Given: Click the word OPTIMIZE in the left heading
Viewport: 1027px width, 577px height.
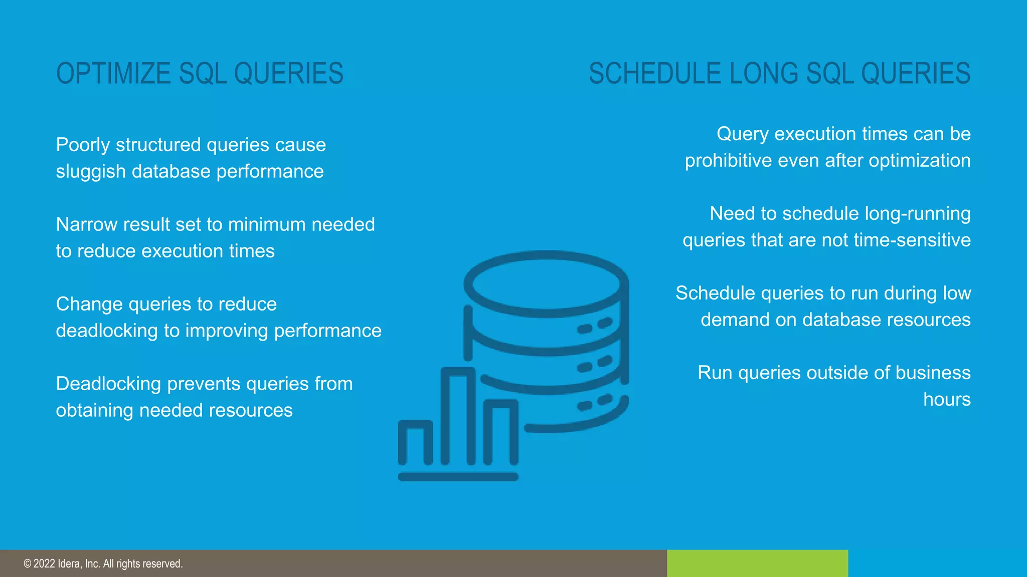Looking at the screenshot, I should pos(113,74).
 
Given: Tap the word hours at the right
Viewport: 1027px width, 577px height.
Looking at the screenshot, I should pos(947,400).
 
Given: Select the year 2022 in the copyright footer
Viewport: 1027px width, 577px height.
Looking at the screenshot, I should pos(44,564).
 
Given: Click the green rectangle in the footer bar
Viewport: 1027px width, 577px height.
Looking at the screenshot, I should pos(757,563).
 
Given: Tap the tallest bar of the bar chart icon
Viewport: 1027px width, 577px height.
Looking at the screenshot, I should pos(458,416).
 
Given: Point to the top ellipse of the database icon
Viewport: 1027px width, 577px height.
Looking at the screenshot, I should pos(546,283).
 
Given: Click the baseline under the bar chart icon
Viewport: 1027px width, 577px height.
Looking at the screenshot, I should pos(458,477).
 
